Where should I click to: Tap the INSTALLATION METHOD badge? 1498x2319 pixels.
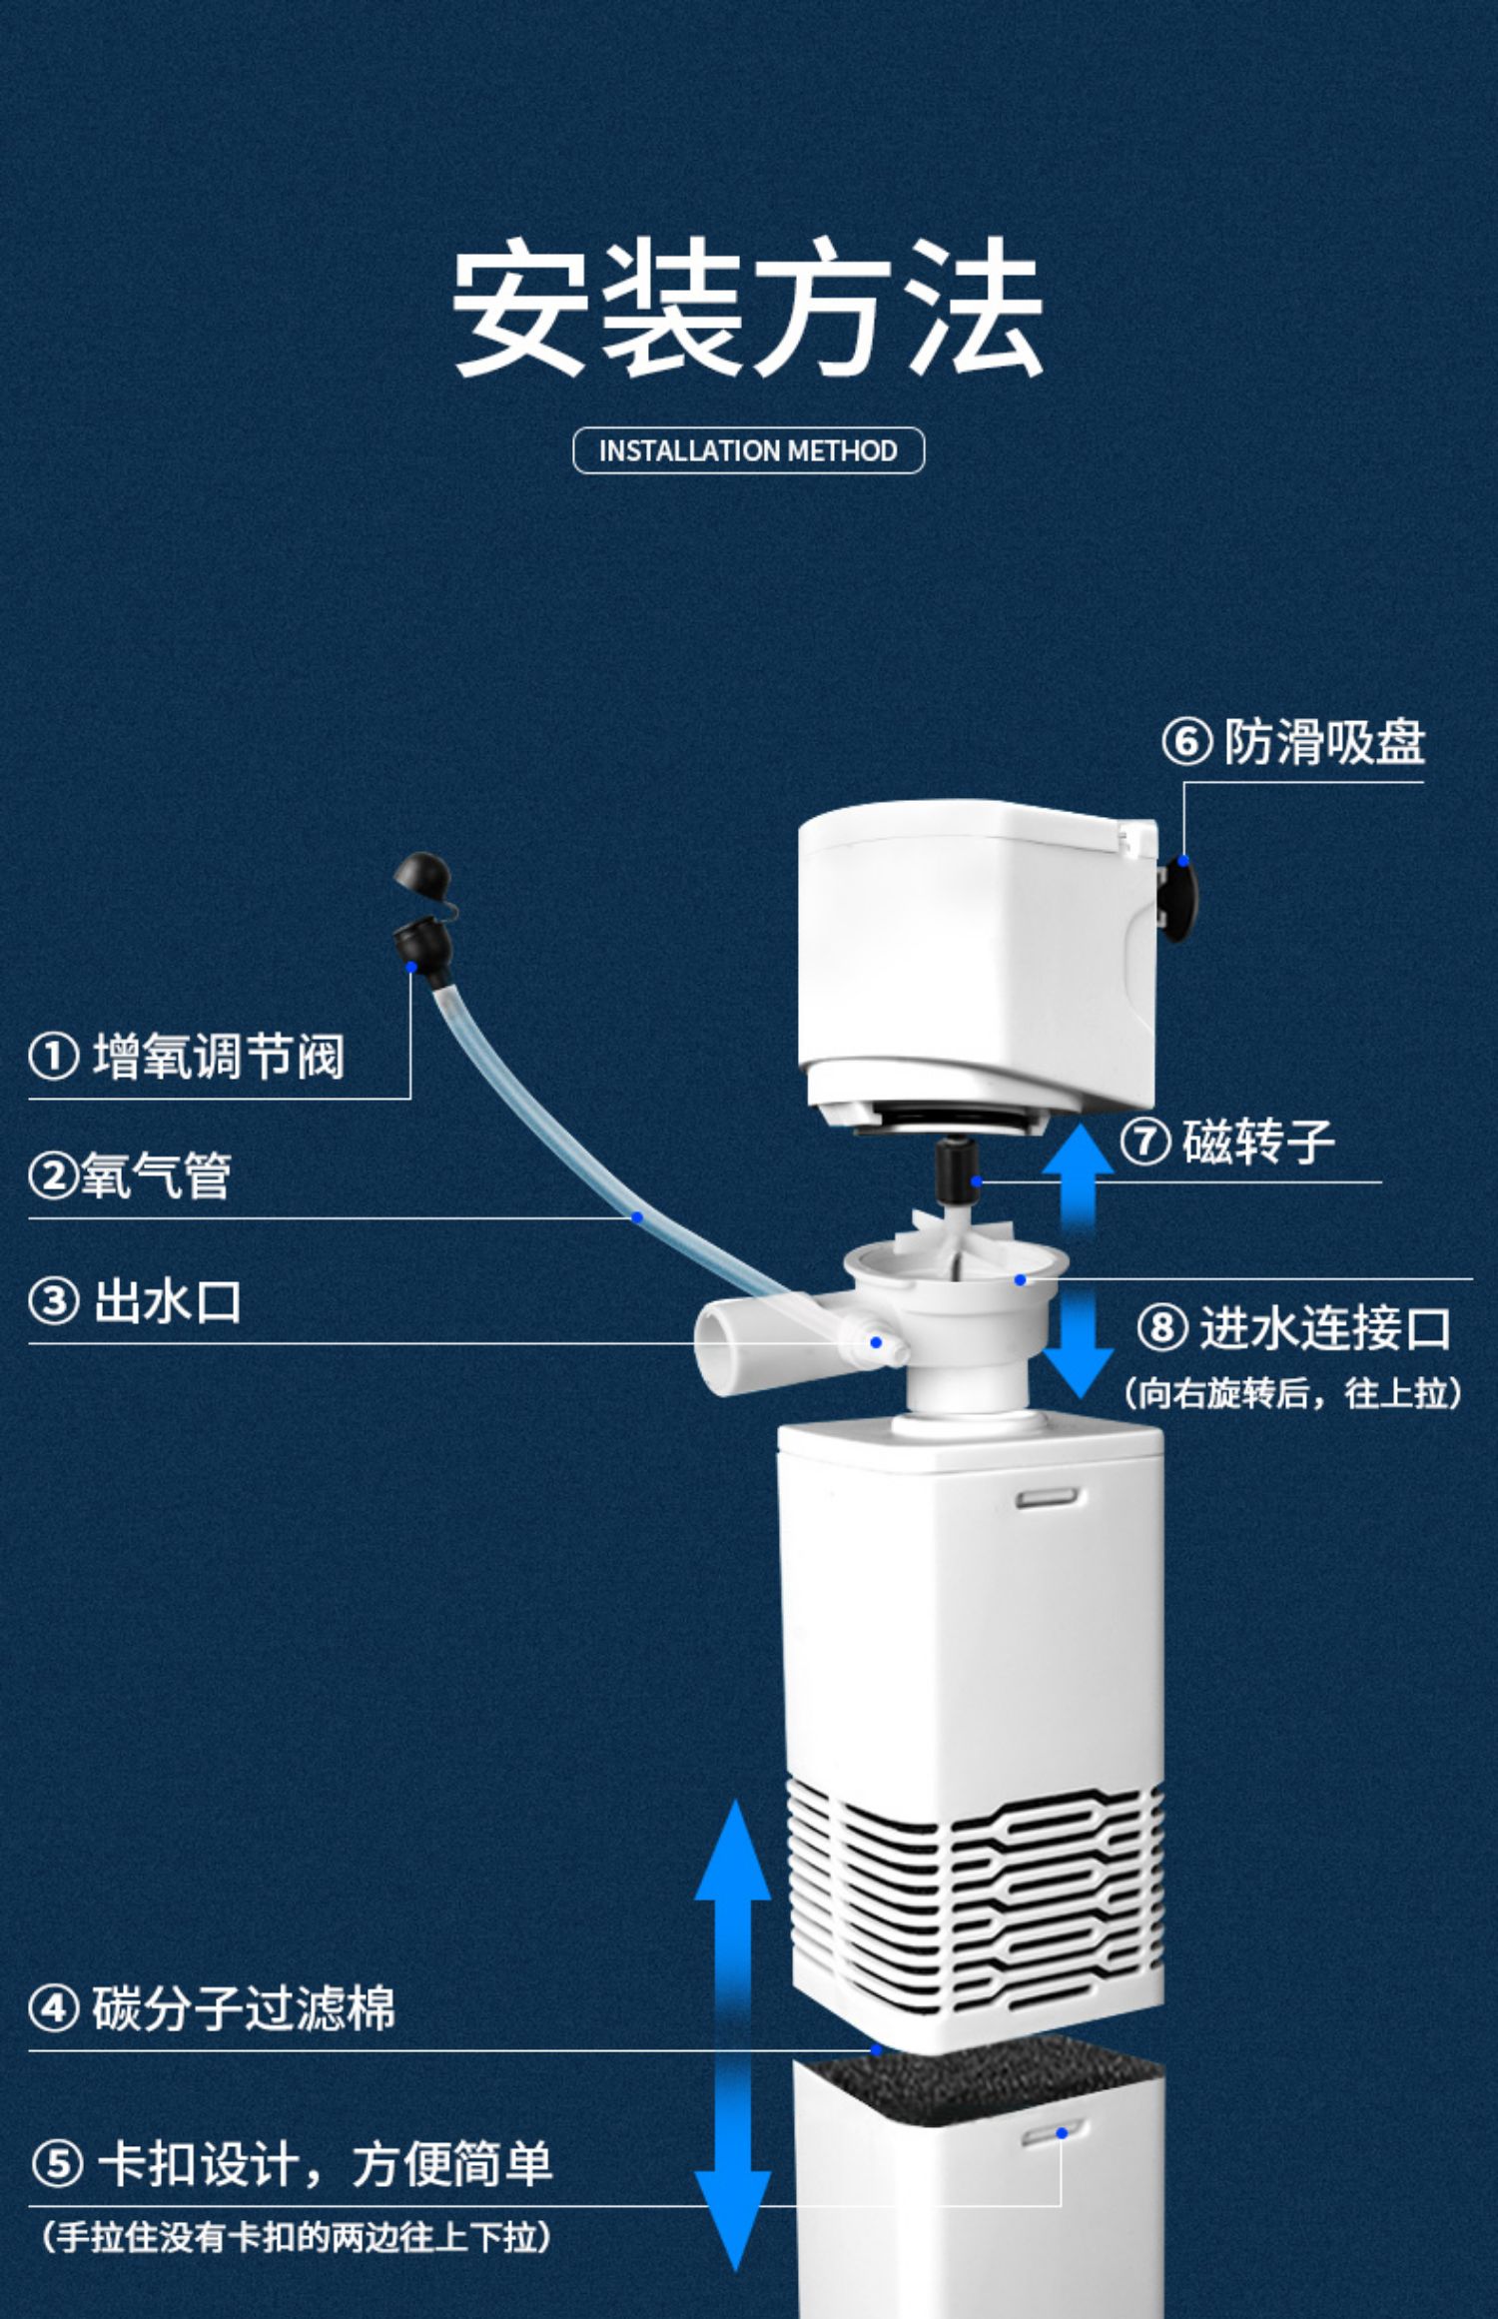(748, 450)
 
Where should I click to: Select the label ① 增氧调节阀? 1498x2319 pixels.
(188, 1057)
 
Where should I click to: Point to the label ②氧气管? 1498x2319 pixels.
(131, 1175)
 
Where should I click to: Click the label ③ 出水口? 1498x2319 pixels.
(136, 1302)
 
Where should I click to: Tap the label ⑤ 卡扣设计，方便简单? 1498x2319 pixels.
(292, 2165)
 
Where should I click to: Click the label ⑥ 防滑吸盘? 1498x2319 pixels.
(1294, 742)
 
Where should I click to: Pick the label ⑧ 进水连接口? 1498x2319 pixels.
(1294, 1328)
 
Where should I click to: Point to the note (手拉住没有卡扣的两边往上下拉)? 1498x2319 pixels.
(296, 2237)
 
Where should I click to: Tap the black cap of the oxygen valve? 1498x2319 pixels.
(420, 874)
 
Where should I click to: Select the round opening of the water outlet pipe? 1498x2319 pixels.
(718, 1351)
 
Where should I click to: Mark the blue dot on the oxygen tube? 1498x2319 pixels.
(637, 1217)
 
